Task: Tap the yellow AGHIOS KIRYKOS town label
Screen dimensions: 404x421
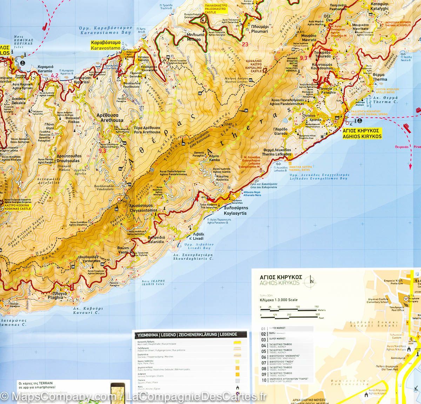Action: pyautogui.click(x=362, y=132)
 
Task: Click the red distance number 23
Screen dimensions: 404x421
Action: pyautogui.click(x=245, y=44)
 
